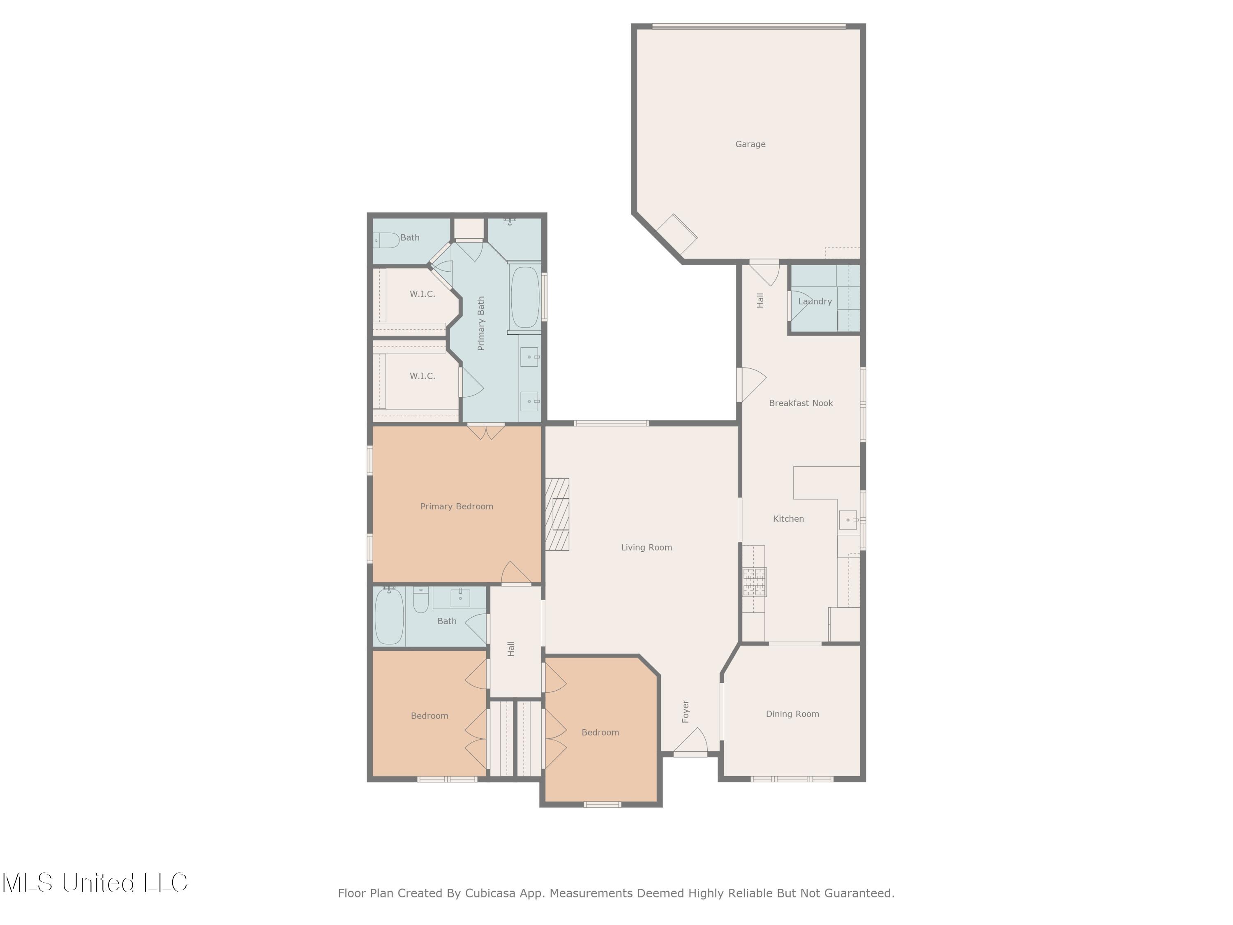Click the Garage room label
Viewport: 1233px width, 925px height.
click(750, 144)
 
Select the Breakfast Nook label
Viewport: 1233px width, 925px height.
click(801, 403)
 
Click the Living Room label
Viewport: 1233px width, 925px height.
click(646, 548)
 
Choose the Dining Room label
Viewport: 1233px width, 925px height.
click(792, 714)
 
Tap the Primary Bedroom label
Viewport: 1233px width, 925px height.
click(457, 506)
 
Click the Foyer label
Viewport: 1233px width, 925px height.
click(686, 712)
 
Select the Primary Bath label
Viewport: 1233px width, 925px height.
click(481, 324)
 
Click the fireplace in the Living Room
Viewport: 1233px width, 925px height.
click(557, 514)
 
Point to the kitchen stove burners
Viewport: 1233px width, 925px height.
click(754, 582)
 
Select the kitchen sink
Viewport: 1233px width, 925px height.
click(848, 520)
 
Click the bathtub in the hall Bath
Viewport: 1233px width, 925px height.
click(388, 617)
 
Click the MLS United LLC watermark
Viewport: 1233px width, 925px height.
click(95, 883)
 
